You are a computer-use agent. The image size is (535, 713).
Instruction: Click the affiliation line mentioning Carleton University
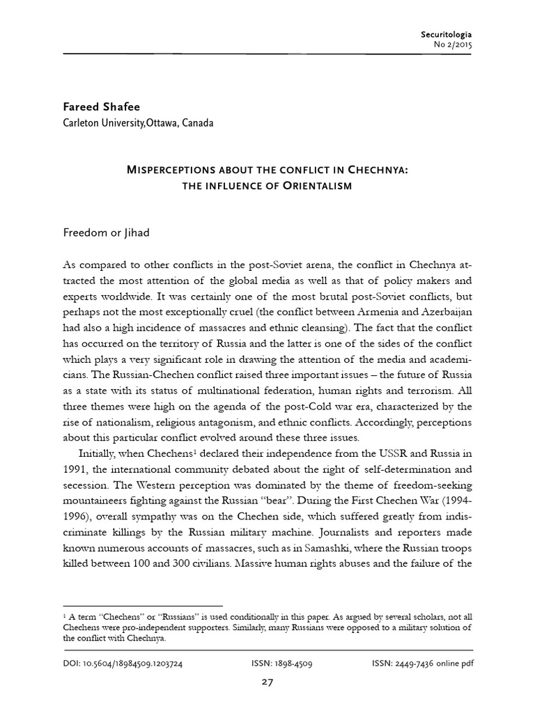coord(138,124)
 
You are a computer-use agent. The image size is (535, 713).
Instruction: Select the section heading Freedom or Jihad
coord(106,233)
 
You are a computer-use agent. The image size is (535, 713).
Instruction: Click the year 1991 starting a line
coord(75,469)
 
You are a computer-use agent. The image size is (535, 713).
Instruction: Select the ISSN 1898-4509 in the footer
coord(282,664)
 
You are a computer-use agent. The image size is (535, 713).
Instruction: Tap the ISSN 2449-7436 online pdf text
coord(422,664)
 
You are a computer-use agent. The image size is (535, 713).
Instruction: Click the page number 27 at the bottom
coord(267,682)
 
